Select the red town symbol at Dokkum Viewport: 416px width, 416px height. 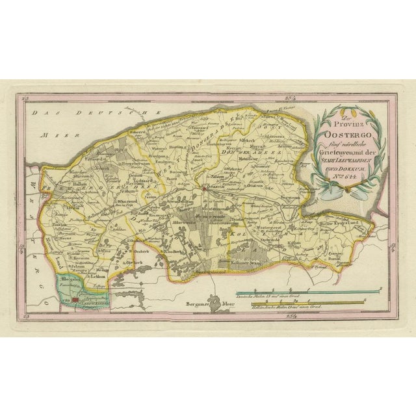point(203,189)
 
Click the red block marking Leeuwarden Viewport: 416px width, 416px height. point(76,301)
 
